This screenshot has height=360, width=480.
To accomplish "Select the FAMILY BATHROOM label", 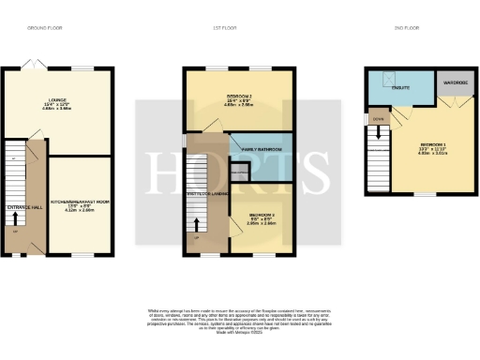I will [x=261, y=149].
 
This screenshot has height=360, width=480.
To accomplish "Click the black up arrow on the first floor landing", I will [x=197, y=226].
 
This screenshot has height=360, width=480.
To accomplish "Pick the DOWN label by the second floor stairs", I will [x=378, y=119].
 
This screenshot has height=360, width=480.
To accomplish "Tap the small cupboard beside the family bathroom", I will [x=240, y=172].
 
